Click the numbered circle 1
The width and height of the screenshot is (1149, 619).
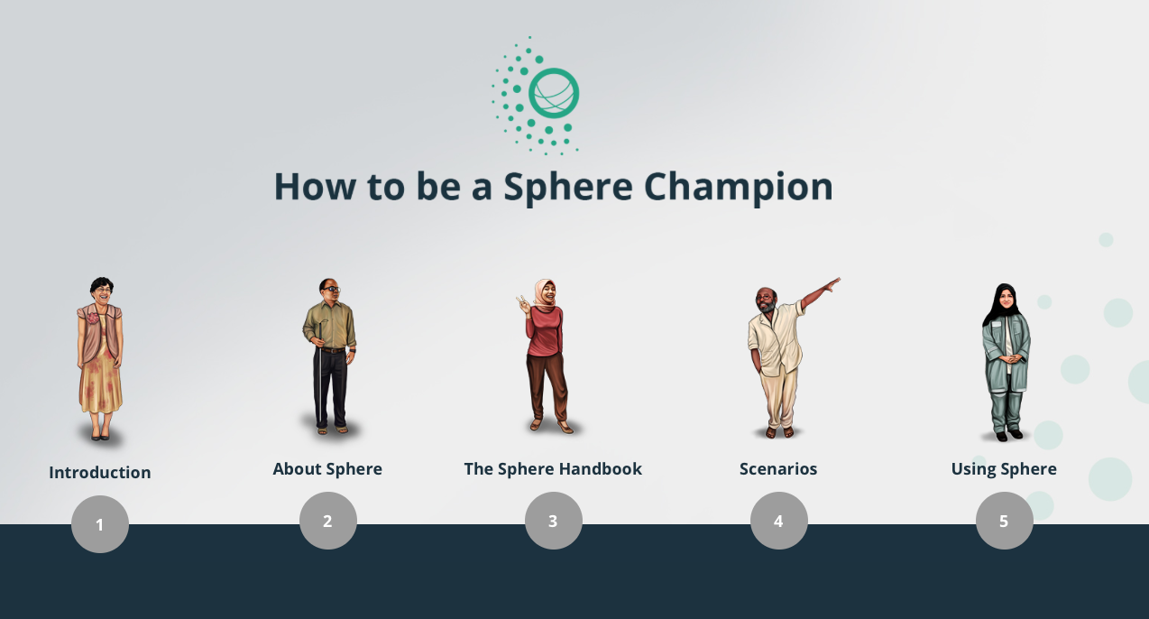pyautogui.click(x=100, y=524)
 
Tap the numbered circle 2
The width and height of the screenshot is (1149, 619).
pyautogui.click(x=328, y=521)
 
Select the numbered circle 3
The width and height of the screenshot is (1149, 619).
pyautogui.click(x=554, y=521)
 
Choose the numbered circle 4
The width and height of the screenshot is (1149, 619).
pyautogui.click(x=778, y=521)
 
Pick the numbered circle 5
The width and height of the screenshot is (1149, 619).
pyautogui.click(x=1005, y=521)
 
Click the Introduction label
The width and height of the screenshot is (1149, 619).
pyautogui.click(x=100, y=472)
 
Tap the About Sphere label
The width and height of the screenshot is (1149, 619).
pyautogui.click(x=327, y=469)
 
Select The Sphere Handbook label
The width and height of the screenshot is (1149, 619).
pyautogui.click(x=553, y=469)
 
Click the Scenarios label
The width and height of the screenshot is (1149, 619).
pyautogui.click(x=778, y=469)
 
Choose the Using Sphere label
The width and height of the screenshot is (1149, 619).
pyautogui.click(x=1004, y=469)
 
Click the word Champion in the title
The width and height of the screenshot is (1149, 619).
pyautogui.click(x=738, y=188)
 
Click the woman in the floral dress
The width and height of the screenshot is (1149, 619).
pyautogui.click(x=100, y=359)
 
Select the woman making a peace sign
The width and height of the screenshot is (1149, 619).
pyautogui.click(x=546, y=356)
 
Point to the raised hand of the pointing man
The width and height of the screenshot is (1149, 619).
pyautogui.click(x=832, y=284)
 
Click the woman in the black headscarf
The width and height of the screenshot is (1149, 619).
pyautogui.click(x=1006, y=362)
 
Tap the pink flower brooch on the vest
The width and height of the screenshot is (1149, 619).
pyautogui.click(x=93, y=318)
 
